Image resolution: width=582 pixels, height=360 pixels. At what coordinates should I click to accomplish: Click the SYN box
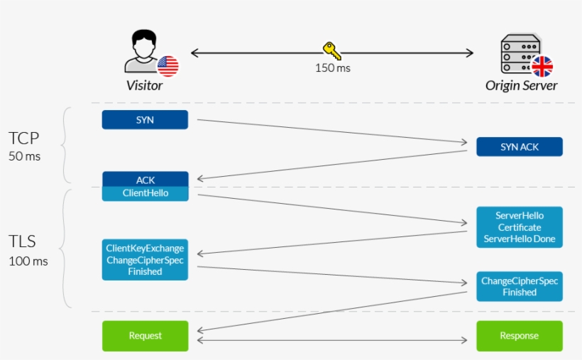coord(145,120)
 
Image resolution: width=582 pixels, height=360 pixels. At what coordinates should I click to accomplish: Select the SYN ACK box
coord(519,147)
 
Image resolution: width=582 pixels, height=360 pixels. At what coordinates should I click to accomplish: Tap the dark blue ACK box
coord(145,180)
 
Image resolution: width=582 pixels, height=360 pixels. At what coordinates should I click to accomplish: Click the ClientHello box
coord(145,193)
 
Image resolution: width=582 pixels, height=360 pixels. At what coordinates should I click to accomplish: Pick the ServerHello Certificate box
coord(519,227)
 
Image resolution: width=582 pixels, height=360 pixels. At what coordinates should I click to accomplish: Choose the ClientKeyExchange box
coord(145,260)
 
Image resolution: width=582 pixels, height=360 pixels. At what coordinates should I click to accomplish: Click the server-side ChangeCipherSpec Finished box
coord(519,286)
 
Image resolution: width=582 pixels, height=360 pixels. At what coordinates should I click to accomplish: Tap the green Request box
coord(145,336)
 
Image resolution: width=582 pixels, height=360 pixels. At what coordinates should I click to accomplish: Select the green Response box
coord(519,336)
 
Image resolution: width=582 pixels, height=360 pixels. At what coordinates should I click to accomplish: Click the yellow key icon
coord(331,50)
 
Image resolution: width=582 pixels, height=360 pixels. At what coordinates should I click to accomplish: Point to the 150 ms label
coord(332,68)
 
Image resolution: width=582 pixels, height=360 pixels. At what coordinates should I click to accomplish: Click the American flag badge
coord(168,66)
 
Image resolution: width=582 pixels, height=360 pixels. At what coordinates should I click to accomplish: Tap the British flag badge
coord(542,67)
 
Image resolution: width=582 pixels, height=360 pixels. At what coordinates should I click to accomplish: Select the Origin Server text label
coord(521,85)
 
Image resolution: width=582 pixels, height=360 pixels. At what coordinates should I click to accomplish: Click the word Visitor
coord(144,85)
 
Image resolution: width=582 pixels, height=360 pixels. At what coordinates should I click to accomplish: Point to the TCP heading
coord(23,138)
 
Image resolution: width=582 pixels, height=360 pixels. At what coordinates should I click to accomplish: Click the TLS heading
coord(22,241)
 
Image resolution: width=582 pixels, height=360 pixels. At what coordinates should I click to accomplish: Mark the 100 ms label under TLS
coord(28,261)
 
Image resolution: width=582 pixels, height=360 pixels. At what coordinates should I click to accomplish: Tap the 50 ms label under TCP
coord(25,156)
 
